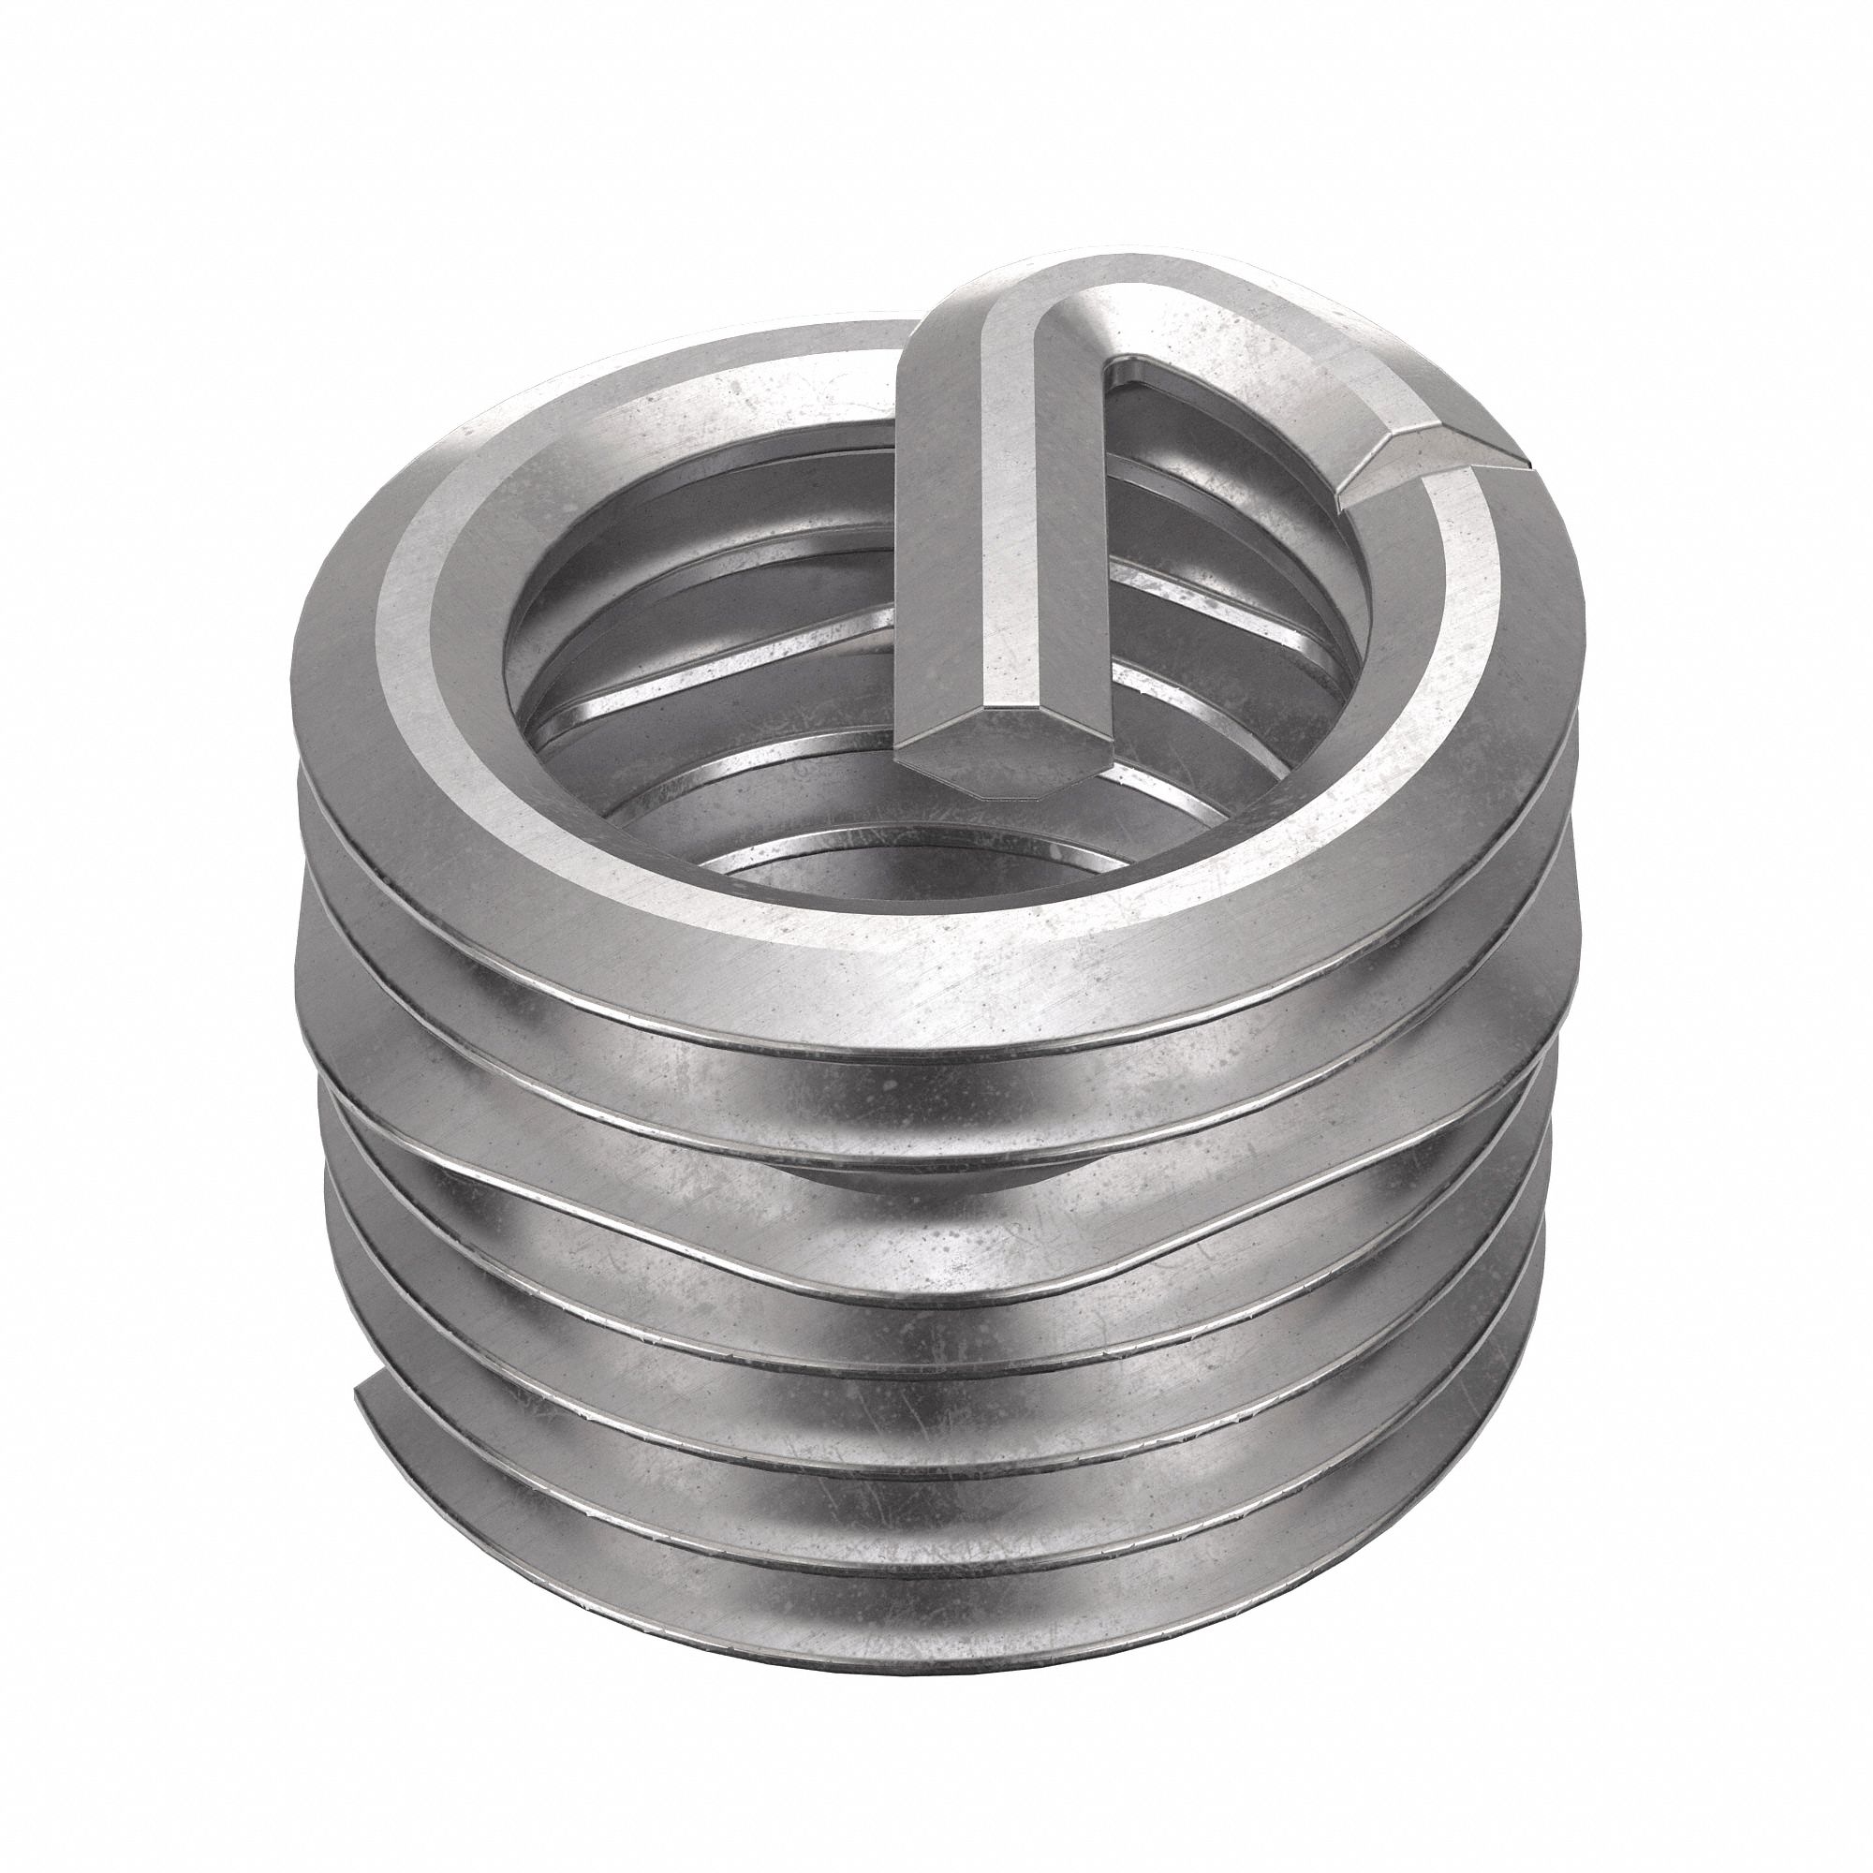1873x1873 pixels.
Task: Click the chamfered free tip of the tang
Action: tap(998, 766)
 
